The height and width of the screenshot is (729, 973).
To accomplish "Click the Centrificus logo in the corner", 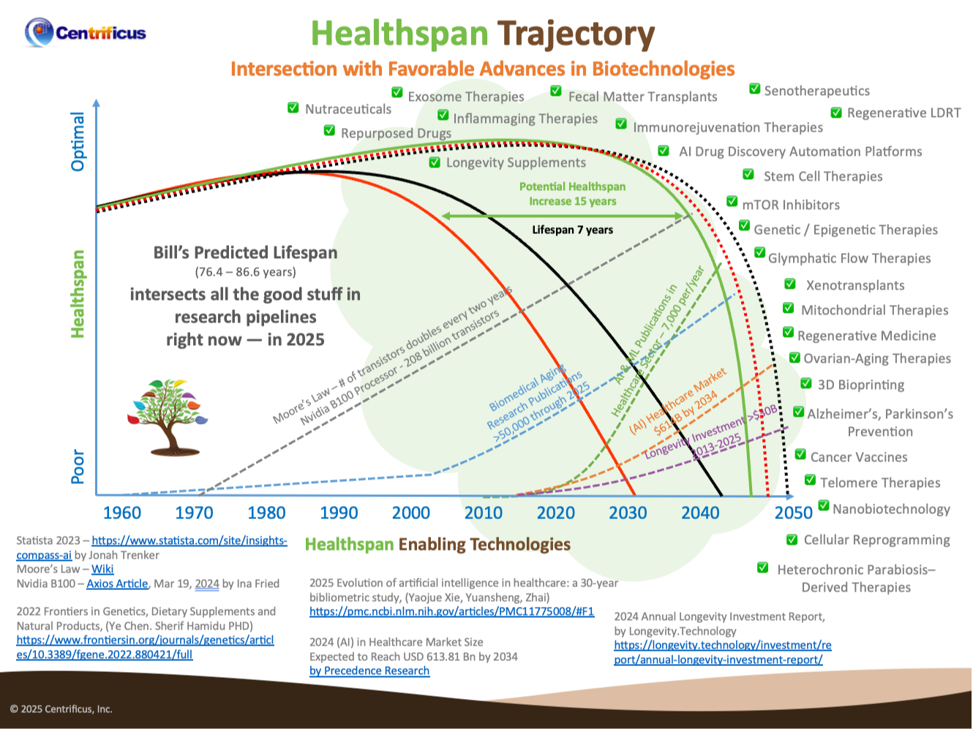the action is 85,32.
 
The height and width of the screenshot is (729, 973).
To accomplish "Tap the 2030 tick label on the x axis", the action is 628,513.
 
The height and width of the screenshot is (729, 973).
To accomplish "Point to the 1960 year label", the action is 121,513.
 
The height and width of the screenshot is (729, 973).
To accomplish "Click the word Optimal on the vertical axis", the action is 78,142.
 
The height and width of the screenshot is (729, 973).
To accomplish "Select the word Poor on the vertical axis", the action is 78,466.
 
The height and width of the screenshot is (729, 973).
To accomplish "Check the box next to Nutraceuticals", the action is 293,108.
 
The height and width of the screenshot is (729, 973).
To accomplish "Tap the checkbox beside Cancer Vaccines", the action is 801,456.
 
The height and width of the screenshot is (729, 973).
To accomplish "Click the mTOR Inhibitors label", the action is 790,205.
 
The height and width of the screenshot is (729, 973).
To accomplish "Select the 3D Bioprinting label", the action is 860,385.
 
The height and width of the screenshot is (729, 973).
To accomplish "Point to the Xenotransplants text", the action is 854,285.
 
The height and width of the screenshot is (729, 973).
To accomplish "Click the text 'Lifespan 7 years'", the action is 572,230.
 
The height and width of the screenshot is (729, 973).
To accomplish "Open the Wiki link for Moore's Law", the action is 102,569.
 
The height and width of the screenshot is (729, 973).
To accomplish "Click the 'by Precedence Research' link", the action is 369,671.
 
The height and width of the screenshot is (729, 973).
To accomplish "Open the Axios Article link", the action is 117,583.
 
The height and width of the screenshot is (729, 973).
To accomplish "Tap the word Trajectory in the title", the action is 576,34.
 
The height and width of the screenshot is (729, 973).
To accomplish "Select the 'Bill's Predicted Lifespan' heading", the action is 245,253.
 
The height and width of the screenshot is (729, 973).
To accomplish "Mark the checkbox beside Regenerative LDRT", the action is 836,113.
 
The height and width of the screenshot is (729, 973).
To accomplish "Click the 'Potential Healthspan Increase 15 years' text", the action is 572,194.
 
